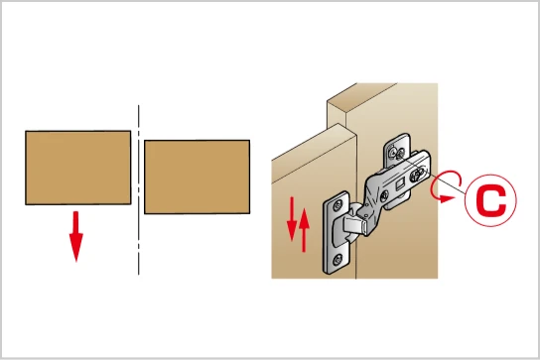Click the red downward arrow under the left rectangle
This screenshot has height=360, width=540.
(76, 236)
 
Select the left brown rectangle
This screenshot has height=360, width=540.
(77, 168)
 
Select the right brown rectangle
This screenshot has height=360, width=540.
(197, 177)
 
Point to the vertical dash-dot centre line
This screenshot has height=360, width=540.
(138, 190)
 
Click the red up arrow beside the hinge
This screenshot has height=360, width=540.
(304, 230)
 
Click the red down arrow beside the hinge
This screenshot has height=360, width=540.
(292, 218)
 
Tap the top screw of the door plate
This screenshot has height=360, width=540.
(337, 205)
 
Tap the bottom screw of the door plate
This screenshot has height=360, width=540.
(337, 259)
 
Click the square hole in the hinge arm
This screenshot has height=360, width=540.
(400, 184)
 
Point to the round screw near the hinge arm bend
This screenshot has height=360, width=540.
(384, 195)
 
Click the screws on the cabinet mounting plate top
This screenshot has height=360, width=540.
(396, 152)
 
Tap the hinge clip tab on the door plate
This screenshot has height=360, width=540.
(353, 225)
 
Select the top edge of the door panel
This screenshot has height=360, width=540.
(314, 142)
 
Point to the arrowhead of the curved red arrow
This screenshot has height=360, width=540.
(447, 198)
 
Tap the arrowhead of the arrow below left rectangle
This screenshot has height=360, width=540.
(76, 247)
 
